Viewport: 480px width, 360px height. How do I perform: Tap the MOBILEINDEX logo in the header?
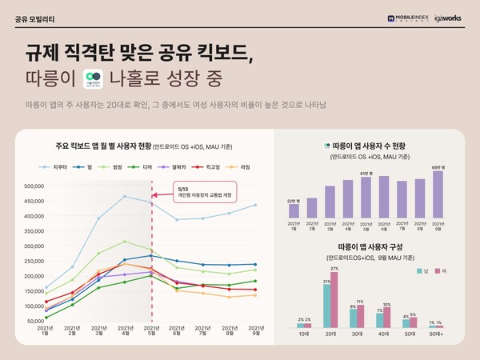405,16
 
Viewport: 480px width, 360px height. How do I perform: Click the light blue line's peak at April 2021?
124,196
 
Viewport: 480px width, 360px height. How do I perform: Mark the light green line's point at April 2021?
124,241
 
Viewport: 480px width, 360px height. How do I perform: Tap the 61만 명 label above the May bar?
365,173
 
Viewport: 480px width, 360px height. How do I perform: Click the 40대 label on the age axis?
382,334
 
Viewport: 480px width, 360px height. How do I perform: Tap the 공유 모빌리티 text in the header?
34,17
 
